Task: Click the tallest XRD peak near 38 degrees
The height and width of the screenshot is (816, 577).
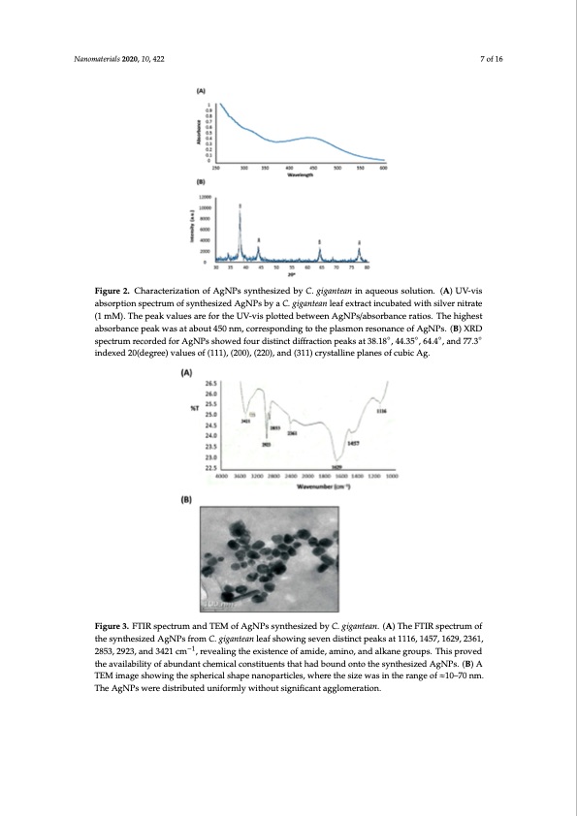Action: point(240,208)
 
